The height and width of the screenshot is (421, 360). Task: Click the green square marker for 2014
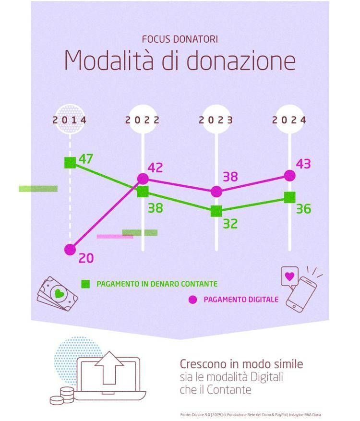pos(70,163)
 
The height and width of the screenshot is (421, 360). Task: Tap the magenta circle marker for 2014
pos(70,250)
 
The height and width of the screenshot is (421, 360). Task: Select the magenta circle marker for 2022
pos(143,179)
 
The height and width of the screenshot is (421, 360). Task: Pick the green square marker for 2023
pos(216,211)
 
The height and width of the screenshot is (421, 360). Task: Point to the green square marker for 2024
pos(290,197)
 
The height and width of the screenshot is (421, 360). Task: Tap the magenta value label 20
pos(86,258)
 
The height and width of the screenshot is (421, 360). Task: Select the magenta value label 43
pos(303,164)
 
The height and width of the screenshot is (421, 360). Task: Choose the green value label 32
pos(230,224)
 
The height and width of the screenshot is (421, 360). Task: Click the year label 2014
pos(70,120)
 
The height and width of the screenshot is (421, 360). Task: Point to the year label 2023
pos(216,120)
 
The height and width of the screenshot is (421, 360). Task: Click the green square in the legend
pos(86,283)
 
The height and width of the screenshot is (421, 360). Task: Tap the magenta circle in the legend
pos(192,300)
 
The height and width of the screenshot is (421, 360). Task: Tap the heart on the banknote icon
pos(59,293)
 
